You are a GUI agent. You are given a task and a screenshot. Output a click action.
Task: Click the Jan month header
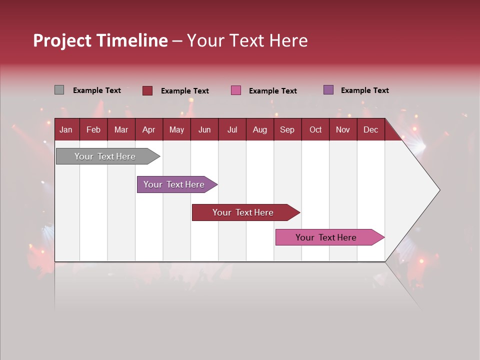(66, 129)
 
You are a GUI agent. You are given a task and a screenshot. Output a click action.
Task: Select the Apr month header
(148, 129)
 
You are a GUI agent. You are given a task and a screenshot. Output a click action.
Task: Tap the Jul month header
(232, 129)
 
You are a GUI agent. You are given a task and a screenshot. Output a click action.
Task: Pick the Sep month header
(287, 129)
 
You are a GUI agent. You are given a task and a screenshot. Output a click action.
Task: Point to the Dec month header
(370, 129)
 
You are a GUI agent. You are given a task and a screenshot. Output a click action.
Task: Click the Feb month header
(93, 129)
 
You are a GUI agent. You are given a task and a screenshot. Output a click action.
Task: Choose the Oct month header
(315, 129)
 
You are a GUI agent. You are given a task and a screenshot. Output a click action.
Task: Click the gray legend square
(59, 90)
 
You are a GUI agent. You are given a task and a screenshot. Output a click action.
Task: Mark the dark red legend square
(147, 90)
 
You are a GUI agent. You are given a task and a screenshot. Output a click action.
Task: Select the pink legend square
(236, 90)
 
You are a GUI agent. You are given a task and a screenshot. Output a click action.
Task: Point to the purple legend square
(328, 90)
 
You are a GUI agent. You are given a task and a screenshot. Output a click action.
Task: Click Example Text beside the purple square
(364, 90)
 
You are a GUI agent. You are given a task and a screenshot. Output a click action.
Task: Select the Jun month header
(204, 129)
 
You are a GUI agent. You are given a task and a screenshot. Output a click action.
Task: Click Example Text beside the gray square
(97, 90)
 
